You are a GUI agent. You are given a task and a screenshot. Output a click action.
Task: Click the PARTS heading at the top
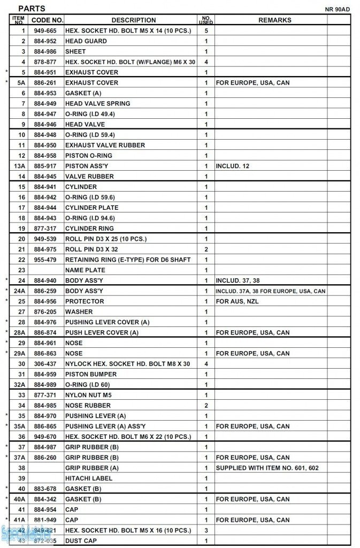click(x=32, y=9)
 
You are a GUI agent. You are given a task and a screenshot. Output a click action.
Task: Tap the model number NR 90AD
click(x=338, y=10)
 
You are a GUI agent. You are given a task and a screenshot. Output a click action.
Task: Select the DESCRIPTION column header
click(x=134, y=20)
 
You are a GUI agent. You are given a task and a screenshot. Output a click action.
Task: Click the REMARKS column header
click(x=275, y=20)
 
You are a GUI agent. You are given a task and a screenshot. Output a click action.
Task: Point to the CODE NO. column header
click(x=47, y=20)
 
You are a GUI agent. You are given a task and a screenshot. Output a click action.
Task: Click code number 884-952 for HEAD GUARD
click(x=45, y=41)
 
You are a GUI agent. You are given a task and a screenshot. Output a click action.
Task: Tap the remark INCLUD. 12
click(x=232, y=166)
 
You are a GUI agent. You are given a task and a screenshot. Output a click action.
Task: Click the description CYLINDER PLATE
click(x=91, y=208)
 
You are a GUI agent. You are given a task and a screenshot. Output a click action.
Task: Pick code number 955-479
click(x=45, y=260)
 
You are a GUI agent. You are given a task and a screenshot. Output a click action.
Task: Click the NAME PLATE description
click(x=85, y=270)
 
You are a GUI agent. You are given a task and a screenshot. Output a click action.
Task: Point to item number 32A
click(x=20, y=385)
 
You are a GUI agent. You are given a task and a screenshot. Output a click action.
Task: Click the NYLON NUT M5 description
click(x=88, y=395)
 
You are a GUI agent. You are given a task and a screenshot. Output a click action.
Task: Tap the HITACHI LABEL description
click(x=88, y=478)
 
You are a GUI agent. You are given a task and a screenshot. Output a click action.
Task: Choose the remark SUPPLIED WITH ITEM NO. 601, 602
click(x=267, y=468)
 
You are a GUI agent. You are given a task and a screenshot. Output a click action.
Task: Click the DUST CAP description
click(x=81, y=541)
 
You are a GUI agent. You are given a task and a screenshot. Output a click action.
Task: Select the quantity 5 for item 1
click(x=206, y=31)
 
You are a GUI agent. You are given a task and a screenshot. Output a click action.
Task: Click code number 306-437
click(x=45, y=364)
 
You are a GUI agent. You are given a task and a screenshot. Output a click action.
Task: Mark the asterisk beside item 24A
click(x=6, y=291)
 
